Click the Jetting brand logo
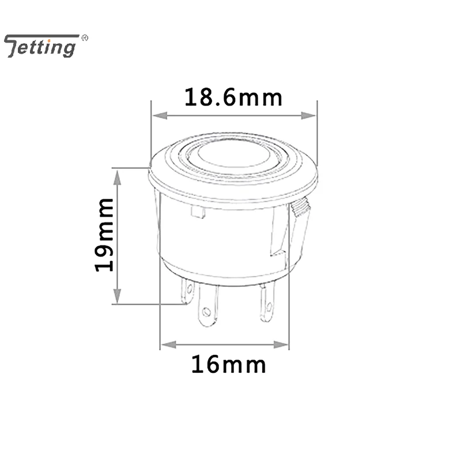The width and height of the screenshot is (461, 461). point(41,46)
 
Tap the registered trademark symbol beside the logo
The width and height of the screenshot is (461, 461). point(85,39)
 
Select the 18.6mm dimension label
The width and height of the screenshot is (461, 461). point(233,97)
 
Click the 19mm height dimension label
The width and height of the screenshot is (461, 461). point(105,235)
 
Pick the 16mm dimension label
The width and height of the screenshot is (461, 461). point(229,365)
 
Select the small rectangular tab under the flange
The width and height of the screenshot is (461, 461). point(198,213)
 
